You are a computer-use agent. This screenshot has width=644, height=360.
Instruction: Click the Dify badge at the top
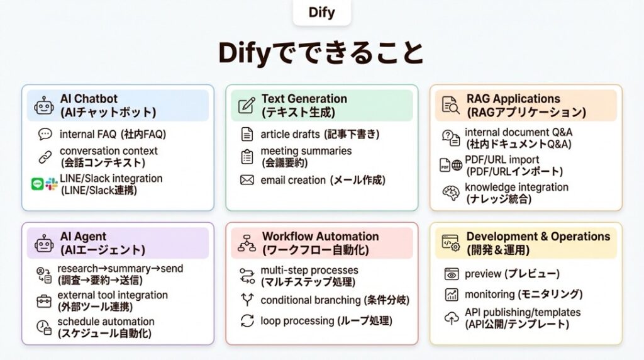[322, 13]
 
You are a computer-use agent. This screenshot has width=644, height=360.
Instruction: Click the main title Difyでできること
[321, 53]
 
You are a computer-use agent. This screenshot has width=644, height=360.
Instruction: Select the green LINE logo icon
[37, 184]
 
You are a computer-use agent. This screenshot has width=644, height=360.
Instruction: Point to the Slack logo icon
[51, 184]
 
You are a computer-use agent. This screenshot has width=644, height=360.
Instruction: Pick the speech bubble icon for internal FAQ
[45, 134]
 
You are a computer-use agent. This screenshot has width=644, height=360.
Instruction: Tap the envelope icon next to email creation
[247, 181]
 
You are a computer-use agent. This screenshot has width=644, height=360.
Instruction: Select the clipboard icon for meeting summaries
[247, 157]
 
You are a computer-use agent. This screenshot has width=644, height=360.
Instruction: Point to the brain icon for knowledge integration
[451, 193]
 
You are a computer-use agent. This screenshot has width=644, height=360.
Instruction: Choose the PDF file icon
[445, 166]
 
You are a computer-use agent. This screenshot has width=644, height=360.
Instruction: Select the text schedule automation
[106, 322]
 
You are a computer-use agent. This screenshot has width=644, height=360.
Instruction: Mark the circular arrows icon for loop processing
[247, 321]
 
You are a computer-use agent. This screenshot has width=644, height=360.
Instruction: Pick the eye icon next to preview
[452, 274]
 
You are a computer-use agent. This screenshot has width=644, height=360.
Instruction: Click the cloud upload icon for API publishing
[452, 318]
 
